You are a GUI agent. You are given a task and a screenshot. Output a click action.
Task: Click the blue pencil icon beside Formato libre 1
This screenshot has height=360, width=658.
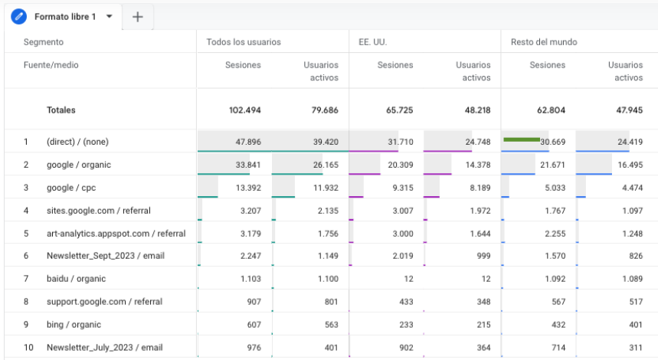pyautogui.click(x=18, y=17)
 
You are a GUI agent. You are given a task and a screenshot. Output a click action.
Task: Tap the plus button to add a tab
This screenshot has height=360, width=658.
pyautogui.click(x=138, y=17)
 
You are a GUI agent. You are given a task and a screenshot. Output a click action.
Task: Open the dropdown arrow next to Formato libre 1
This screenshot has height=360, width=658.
pyautogui.click(x=109, y=17)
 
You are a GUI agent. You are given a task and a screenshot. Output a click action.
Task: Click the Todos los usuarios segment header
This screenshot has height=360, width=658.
pyautogui.click(x=244, y=42)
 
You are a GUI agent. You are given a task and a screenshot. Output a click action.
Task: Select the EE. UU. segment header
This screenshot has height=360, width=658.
pyautogui.click(x=372, y=42)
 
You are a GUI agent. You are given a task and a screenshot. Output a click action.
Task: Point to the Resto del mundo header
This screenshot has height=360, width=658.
pyautogui.click(x=544, y=42)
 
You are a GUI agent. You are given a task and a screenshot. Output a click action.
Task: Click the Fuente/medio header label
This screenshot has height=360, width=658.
pyautogui.click(x=51, y=65)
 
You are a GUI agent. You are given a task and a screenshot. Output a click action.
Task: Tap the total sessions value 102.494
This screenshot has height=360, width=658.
pyautogui.click(x=244, y=110)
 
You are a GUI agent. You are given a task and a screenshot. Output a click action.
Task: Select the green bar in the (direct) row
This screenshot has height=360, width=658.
pyautogui.click(x=522, y=139)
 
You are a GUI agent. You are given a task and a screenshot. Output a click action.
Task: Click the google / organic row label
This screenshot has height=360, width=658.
pyautogui.click(x=79, y=165)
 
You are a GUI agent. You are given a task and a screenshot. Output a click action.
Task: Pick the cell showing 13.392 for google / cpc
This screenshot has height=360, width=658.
pyautogui.click(x=248, y=188)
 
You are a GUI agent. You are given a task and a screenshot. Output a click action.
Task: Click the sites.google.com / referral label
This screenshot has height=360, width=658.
pyautogui.click(x=99, y=211)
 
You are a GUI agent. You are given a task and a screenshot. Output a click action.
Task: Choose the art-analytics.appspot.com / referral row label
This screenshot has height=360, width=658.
pyautogui.click(x=116, y=234)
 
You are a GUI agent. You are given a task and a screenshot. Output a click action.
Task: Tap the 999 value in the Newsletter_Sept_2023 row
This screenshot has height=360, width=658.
pyautogui.click(x=483, y=256)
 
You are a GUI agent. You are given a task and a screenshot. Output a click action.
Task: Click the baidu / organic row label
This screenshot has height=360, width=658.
pyautogui.click(x=76, y=279)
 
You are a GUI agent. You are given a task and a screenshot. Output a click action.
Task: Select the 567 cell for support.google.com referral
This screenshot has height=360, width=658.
pyautogui.click(x=558, y=302)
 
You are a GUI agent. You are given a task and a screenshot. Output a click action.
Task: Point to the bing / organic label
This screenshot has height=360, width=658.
pyautogui.click(x=74, y=324)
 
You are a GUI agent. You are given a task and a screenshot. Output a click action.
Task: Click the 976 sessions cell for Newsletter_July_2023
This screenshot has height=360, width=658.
pyautogui.click(x=254, y=348)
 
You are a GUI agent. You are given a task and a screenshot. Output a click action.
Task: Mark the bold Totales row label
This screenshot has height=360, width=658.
pyautogui.click(x=61, y=110)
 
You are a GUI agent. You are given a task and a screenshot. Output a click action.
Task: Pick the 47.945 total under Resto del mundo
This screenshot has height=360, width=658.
pyautogui.click(x=629, y=110)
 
